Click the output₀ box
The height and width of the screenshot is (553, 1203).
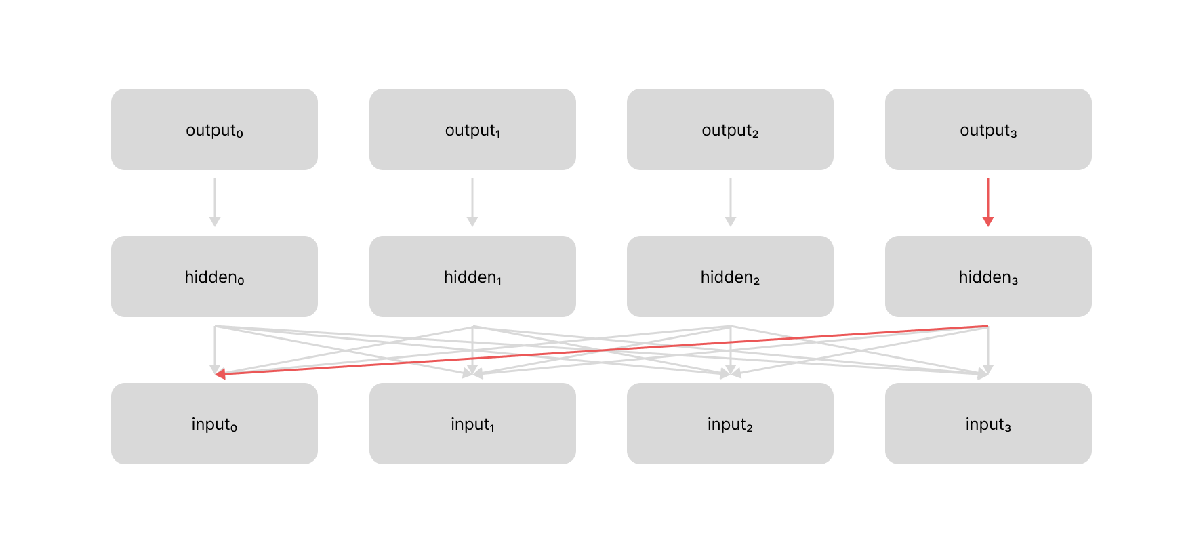click(x=214, y=129)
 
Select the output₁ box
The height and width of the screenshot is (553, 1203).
click(x=472, y=129)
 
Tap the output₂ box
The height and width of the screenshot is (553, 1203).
click(x=730, y=129)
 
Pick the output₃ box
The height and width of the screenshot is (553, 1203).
click(x=988, y=129)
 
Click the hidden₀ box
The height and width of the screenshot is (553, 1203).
click(x=214, y=276)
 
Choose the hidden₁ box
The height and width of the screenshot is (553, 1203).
click(x=472, y=276)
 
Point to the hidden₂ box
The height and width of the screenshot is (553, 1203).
click(x=730, y=276)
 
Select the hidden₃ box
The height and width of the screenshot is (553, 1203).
click(x=988, y=276)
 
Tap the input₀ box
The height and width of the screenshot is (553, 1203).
click(x=214, y=424)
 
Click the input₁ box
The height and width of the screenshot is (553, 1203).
click(x=472, y=424)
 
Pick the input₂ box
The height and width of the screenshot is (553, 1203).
click(x=730, y=424)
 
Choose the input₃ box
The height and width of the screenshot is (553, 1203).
click(x=988, y=424)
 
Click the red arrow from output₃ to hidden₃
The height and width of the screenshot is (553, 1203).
click(x=988, y=200)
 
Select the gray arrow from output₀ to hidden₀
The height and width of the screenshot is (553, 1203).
click(x=215, y=200)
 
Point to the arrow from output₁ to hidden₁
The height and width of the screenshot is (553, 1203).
click(x=472, y=200)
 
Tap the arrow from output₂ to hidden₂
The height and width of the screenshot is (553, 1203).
click(x=731, y=200)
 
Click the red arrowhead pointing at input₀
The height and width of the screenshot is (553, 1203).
click(x=220, y=373)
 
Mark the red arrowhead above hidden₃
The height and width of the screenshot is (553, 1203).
click(x=988, y=222)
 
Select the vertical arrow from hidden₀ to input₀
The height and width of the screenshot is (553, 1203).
click(x=215, y=346)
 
